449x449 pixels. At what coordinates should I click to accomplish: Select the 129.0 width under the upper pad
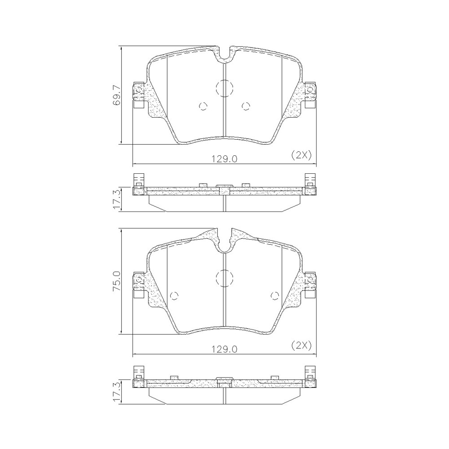coord(224,158)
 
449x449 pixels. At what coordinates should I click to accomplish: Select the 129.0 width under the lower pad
coord(224,348)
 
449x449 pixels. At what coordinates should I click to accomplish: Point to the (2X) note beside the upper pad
coord(301,155)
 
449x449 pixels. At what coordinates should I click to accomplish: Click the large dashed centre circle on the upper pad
coord(224,88)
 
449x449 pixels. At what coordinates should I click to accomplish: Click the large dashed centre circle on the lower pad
coord(224,277)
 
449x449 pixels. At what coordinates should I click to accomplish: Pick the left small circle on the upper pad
coord(203,106)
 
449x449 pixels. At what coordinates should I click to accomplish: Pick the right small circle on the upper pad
coord(245,106)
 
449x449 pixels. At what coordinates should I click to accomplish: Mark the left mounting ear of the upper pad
coord(138,95)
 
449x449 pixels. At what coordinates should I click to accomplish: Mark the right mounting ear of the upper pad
coord(310,95)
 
